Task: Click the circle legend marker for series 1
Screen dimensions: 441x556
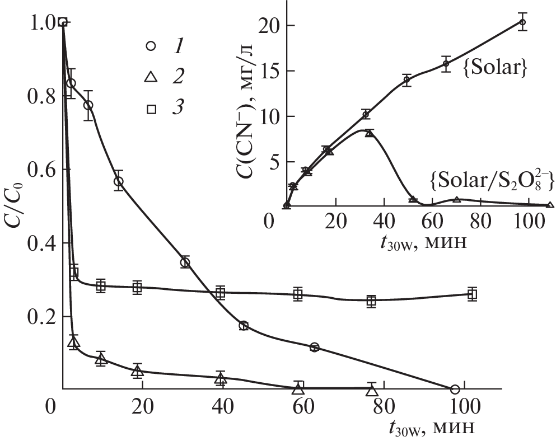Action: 151,48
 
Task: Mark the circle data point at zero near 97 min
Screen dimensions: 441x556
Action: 455,389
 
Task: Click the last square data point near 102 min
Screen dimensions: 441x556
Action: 472,294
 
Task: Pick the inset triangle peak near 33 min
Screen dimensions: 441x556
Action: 368,133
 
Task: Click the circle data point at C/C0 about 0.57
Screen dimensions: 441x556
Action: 118,181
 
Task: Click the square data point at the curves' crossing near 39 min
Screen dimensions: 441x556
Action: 221,292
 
